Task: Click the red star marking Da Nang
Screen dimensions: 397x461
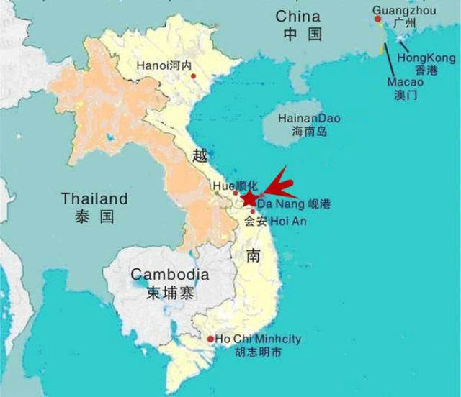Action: coord(249,198)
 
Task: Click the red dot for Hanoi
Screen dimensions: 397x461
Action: coord(194,76)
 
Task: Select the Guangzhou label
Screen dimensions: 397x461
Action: coord(395,10)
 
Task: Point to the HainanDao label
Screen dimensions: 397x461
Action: coord(311,119)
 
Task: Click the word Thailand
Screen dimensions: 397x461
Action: coord(94,198)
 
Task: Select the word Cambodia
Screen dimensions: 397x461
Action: coord(169,275)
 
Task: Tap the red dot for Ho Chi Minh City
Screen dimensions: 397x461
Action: coord(210,339)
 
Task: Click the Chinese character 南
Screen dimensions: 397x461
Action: coord(252,254)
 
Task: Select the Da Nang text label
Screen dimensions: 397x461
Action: coord(283,205)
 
